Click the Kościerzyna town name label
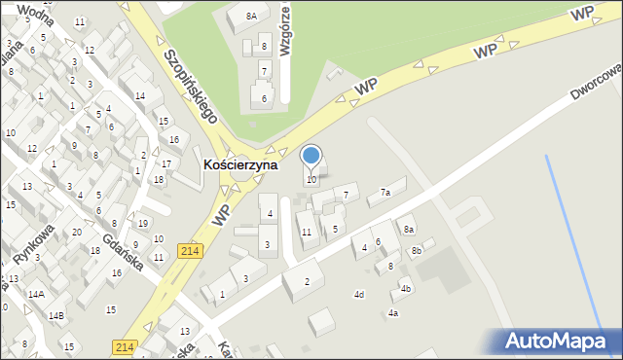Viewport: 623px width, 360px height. click(240, 165)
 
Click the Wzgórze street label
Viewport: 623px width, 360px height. click(287, 30)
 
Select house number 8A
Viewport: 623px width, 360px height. click(251, 16)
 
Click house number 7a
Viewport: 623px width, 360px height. click(385, 193)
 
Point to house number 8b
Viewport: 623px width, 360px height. click(417, 251)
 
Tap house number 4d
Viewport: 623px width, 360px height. click(359, 294)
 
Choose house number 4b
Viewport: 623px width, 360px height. click(406, 288)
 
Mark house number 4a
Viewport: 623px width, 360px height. click(393, 313)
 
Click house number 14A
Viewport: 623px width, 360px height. click(36, 294)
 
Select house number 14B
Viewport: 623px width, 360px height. click(56, 315)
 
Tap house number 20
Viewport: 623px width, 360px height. click(77, 232)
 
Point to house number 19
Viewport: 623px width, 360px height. click(143, 224)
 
